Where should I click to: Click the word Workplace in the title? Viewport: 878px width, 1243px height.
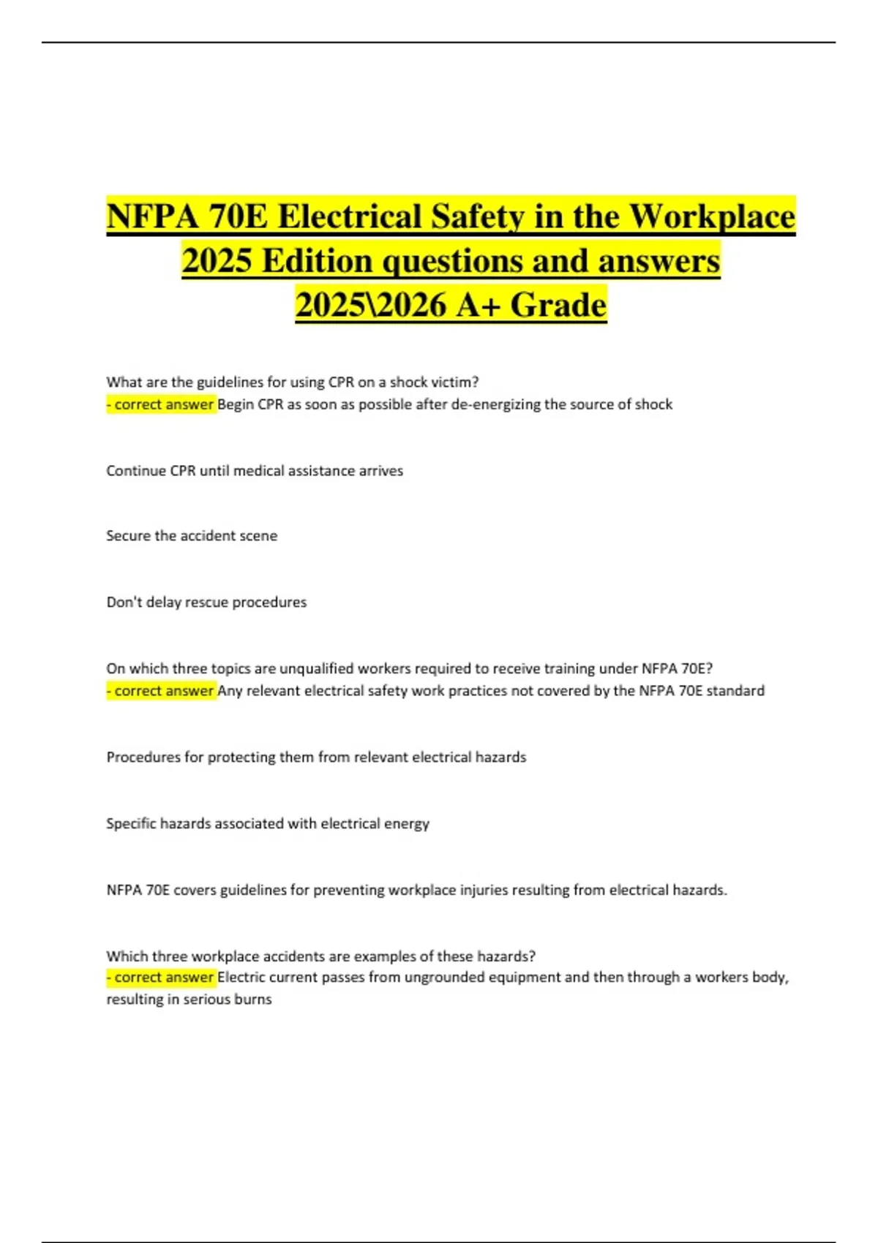[712, 217]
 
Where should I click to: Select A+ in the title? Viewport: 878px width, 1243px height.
[479, 305]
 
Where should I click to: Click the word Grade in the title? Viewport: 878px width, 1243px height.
[558, 305]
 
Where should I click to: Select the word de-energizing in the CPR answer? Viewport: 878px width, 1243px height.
[496, 404]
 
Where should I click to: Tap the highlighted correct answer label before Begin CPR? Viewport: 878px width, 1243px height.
[162, 404]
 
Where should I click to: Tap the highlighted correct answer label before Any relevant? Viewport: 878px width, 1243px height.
[162, 691]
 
